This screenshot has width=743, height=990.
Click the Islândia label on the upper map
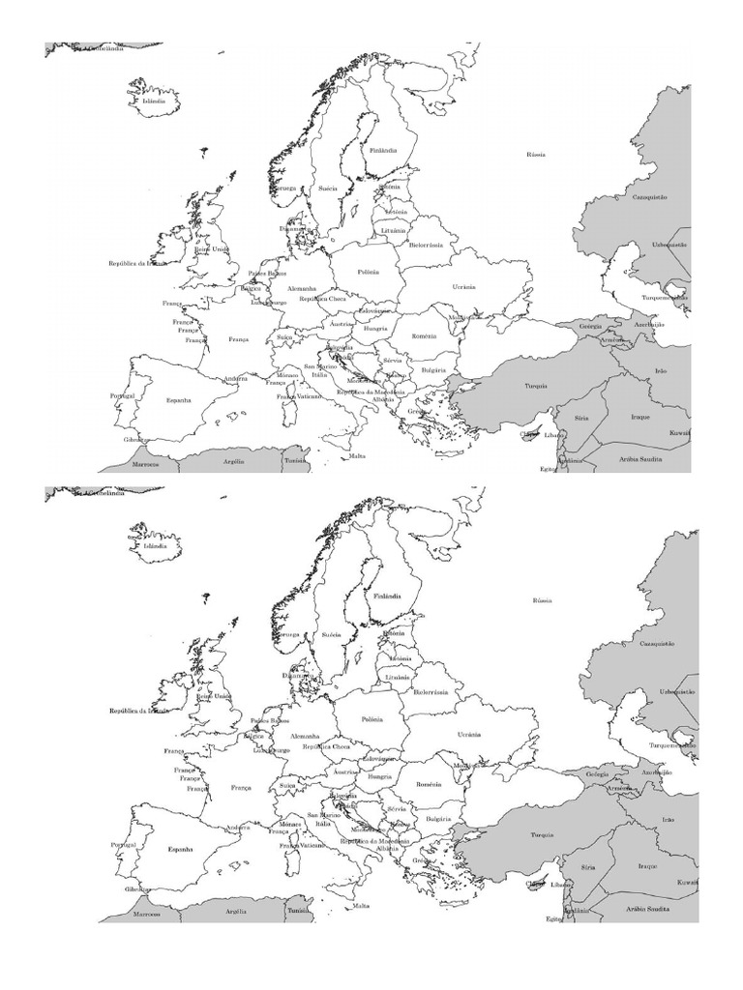pos(154,101)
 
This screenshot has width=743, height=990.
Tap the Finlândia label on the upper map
pos(383,151)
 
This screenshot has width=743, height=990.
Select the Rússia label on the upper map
pos(536,154)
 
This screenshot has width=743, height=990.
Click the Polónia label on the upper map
pos(369,273)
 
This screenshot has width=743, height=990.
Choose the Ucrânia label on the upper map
pos(463,286)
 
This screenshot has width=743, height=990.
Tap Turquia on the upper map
pos(536,385)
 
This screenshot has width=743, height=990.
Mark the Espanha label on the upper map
pos(179,399)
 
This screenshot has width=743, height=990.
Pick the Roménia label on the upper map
pos(424,335)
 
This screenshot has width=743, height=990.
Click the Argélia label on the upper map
pos(234,461)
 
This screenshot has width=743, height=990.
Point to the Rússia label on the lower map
pos(542,600)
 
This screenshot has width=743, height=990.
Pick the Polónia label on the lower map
pos(372,719)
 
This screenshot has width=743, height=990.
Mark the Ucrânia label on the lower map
pos(469,735)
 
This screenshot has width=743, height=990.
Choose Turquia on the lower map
pos(542,833)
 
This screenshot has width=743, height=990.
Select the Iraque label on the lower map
pos(646,865)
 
